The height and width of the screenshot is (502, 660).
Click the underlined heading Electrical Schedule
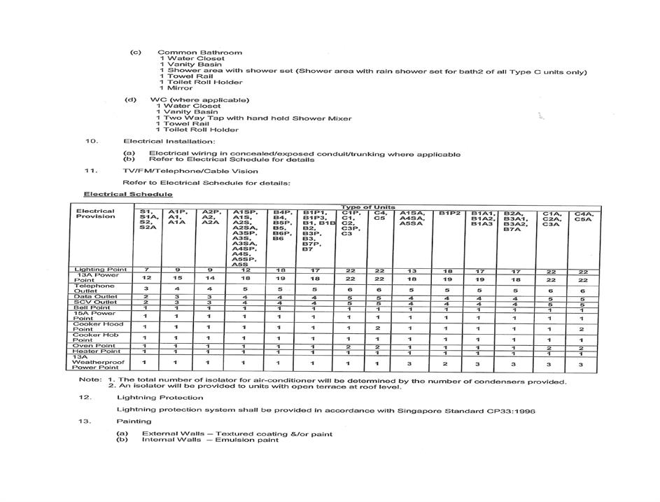(128, 194)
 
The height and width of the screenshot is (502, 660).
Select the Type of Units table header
(368, 207)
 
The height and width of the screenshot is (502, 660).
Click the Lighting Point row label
(100, 270)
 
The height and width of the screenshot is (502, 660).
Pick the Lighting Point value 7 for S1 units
(146, 270)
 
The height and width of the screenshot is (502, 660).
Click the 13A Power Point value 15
(176, 279)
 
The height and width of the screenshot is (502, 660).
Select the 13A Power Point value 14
(209, 279)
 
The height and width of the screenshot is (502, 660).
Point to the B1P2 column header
(449, 213)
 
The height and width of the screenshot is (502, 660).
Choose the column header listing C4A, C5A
(583, 216)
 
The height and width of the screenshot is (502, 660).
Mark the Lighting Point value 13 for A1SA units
(413, 270)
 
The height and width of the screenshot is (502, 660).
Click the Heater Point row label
(98, 351)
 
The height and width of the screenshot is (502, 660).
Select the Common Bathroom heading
(199, 53)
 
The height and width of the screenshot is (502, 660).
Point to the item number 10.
(91, 141)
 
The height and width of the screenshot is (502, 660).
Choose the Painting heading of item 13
(134, 421)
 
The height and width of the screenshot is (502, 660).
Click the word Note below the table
(89, 381)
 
